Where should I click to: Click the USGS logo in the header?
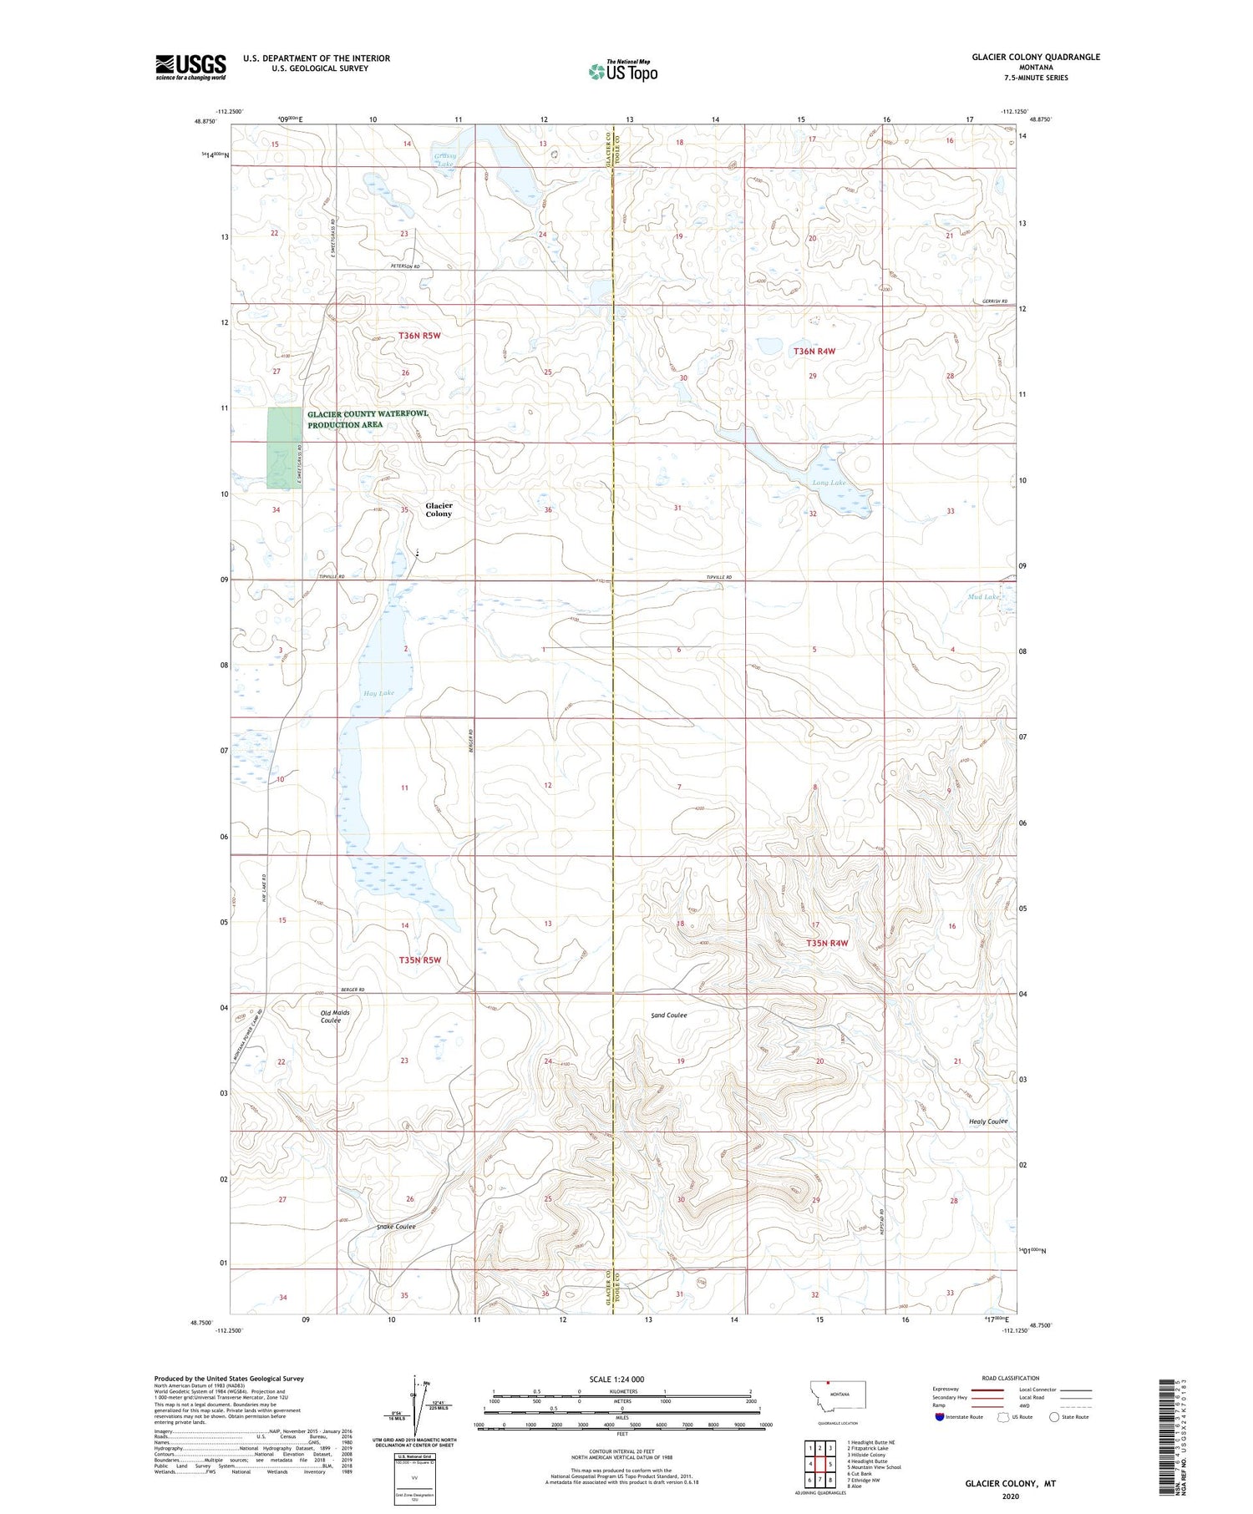[x=190, y=67]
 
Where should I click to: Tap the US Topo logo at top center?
[x=622, y=71]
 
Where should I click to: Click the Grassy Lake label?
[x=444, y=160]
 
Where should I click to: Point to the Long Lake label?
[x=829, y=483]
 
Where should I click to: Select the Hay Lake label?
[x=378, y=693]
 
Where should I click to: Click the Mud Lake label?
[x=983, y=596]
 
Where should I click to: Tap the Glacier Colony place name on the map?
[x=439, y=509]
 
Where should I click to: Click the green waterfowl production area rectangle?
[x=283, y=448]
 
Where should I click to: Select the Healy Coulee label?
[x=988, y=1122]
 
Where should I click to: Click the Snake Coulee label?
[x=395, y=1226]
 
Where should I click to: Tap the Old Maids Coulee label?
[x=335, y=1016]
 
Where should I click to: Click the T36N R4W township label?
[x=814, y=352]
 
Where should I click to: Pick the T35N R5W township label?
[x=419, y=960]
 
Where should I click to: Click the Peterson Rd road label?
[x=405, y=266]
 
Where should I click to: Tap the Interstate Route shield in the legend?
[x=939, y=1417]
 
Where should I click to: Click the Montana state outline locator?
[x=838, y=1395]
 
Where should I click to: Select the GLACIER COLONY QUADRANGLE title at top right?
[x=1035, y=57]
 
